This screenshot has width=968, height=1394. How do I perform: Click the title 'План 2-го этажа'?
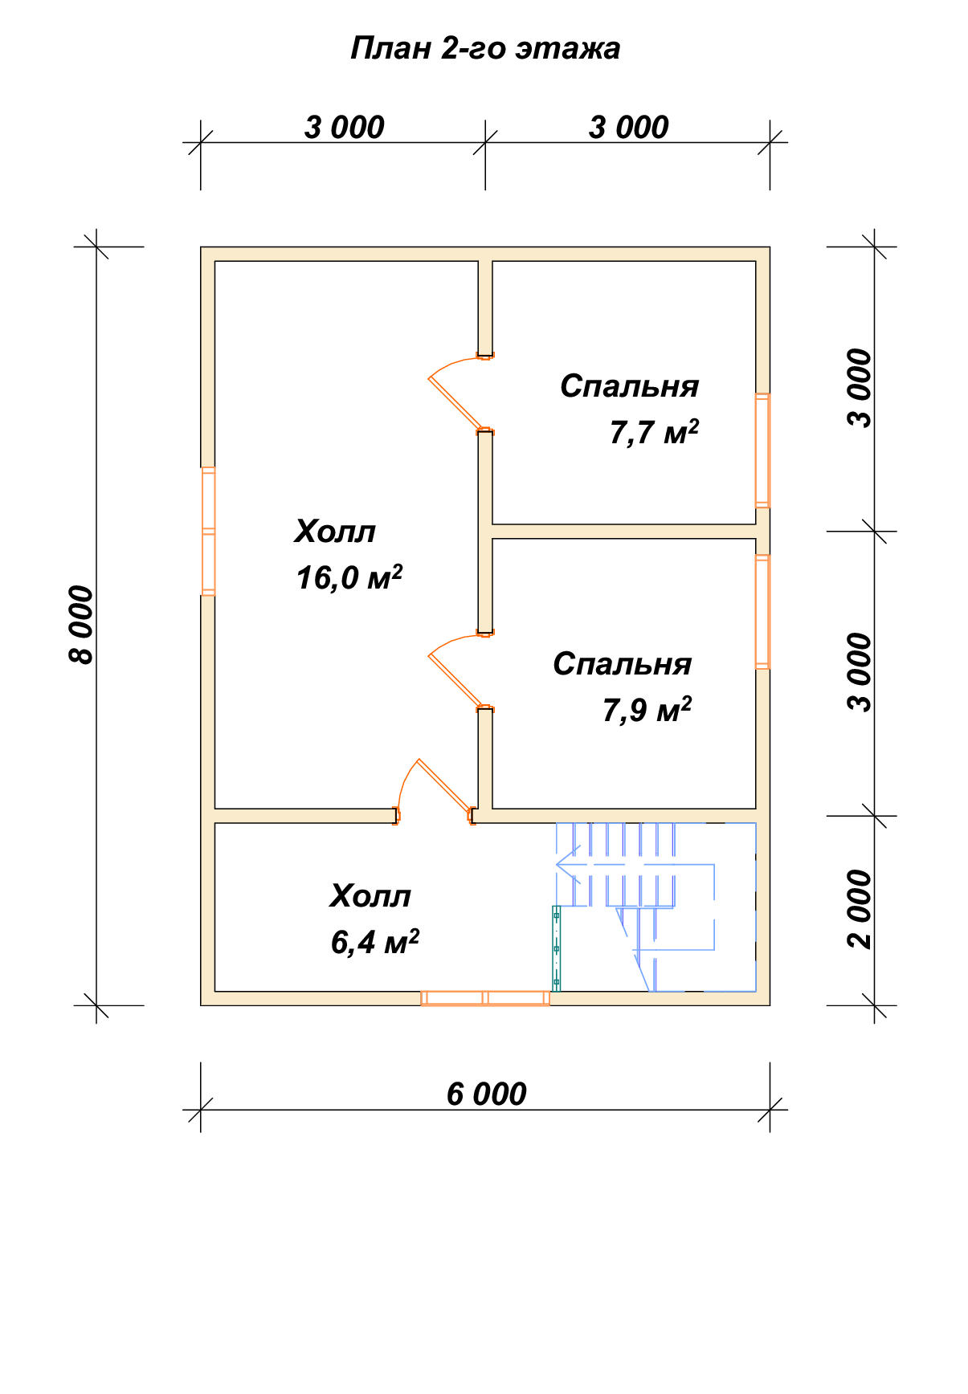click(x=485, y=49)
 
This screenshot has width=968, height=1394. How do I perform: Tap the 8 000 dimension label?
click(x=81, y=626)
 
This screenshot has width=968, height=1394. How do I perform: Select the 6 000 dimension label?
click(x=486, y=1094)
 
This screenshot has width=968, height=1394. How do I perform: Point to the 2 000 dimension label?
click(x=859, y=909)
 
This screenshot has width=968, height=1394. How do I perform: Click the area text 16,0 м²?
click(x=349, y=577)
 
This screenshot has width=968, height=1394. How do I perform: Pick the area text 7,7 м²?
click(x=654, y=432)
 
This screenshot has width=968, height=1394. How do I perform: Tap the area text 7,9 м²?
click(x=647, y=710)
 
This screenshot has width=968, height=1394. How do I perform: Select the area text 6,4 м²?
click(x=374, y=942)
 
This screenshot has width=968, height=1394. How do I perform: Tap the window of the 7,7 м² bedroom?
click(x=762, y=450)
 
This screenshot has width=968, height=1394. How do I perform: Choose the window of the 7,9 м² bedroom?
click(x=762, y=611)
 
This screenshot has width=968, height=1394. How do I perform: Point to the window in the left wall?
click(x=208, y=531)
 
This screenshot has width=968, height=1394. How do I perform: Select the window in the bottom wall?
click(x=485, y=998)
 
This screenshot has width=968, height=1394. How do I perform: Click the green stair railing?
click(x=556, y=948)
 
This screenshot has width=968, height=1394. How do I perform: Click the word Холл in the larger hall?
click(x=335, y=532)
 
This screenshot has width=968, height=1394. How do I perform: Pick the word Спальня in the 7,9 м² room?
click(x=622, y=664)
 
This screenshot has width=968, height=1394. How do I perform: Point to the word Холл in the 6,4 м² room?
click(x=370, y=896)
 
